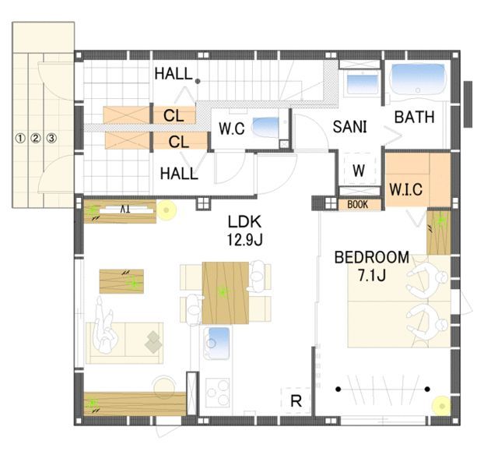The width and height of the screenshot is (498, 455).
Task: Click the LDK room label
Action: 244,221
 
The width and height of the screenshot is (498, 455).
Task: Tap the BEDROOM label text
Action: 372,257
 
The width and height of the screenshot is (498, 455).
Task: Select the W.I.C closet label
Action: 406,189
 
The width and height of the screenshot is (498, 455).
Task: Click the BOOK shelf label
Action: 358,204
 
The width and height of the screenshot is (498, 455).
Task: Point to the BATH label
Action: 414,117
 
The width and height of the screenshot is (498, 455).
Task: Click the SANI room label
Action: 349,126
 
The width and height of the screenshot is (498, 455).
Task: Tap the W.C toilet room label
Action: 232,129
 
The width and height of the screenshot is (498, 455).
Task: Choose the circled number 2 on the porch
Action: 36,139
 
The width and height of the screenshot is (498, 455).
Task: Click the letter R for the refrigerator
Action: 296,400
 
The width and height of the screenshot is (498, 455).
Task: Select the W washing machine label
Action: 359,171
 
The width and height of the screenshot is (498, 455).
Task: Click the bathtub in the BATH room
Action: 417,79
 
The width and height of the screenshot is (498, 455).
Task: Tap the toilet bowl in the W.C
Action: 265,129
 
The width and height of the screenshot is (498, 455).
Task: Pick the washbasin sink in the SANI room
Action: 363,83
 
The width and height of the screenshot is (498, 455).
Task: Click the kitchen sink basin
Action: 218,343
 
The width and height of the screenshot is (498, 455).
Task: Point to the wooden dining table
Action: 225,292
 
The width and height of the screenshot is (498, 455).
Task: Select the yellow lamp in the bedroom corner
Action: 441,406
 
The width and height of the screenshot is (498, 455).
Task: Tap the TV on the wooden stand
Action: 125,210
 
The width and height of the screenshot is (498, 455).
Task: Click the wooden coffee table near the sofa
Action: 121,281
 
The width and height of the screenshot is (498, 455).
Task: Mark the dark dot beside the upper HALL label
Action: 198,81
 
